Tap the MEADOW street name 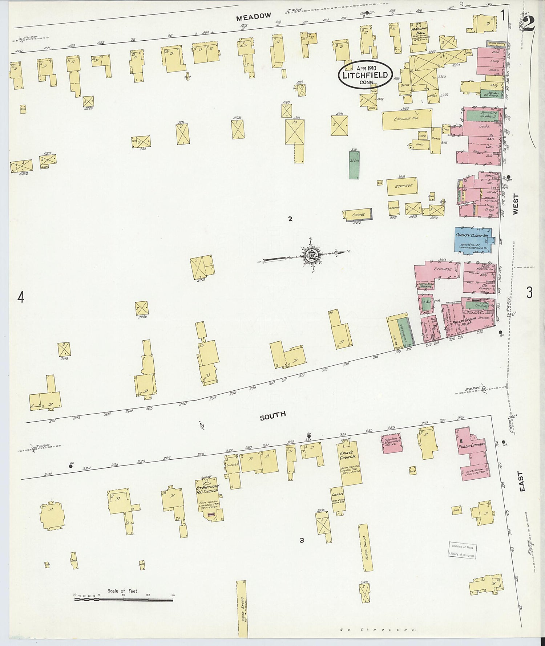253,16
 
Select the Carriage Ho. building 407,119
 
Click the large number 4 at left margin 21,298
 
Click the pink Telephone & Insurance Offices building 391,443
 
